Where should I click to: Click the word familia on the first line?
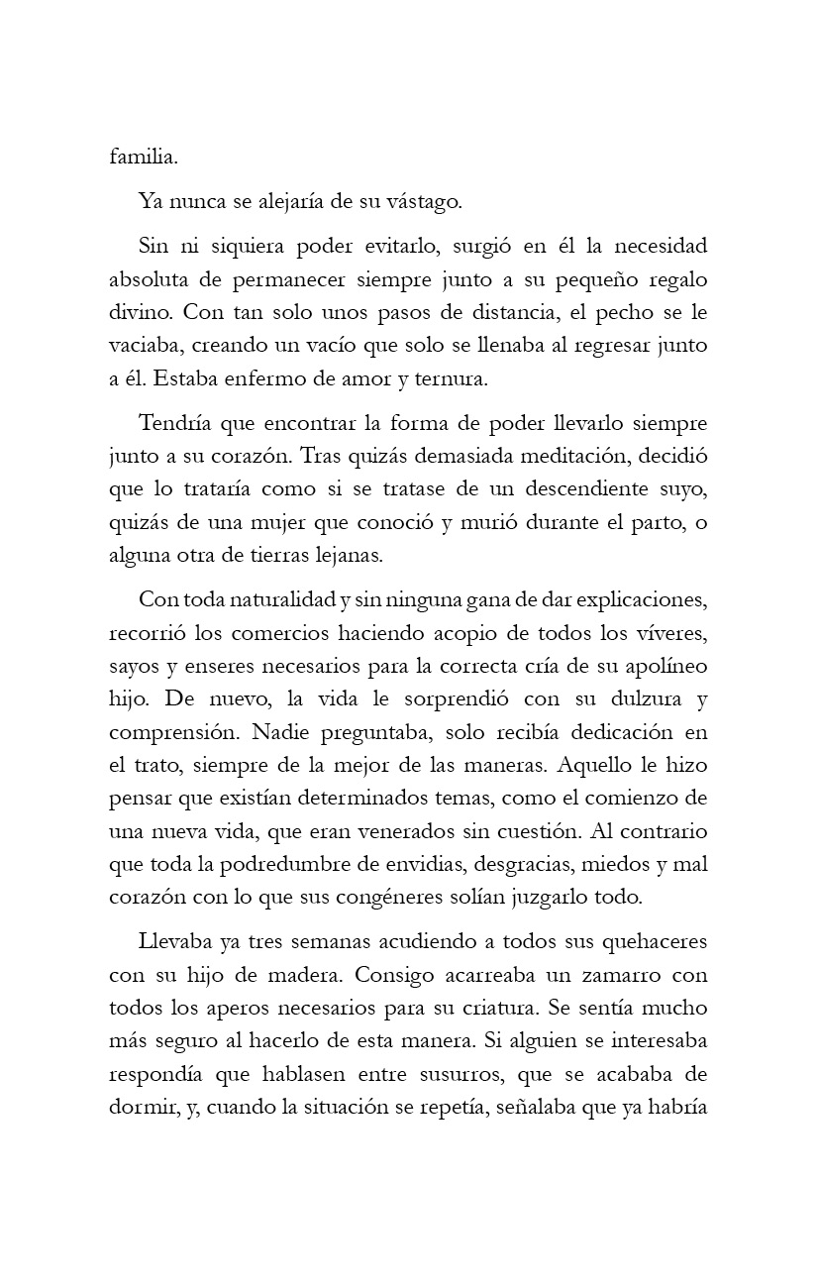click(x=143, y=156)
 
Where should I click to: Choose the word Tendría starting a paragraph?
click(x=175, y=424)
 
